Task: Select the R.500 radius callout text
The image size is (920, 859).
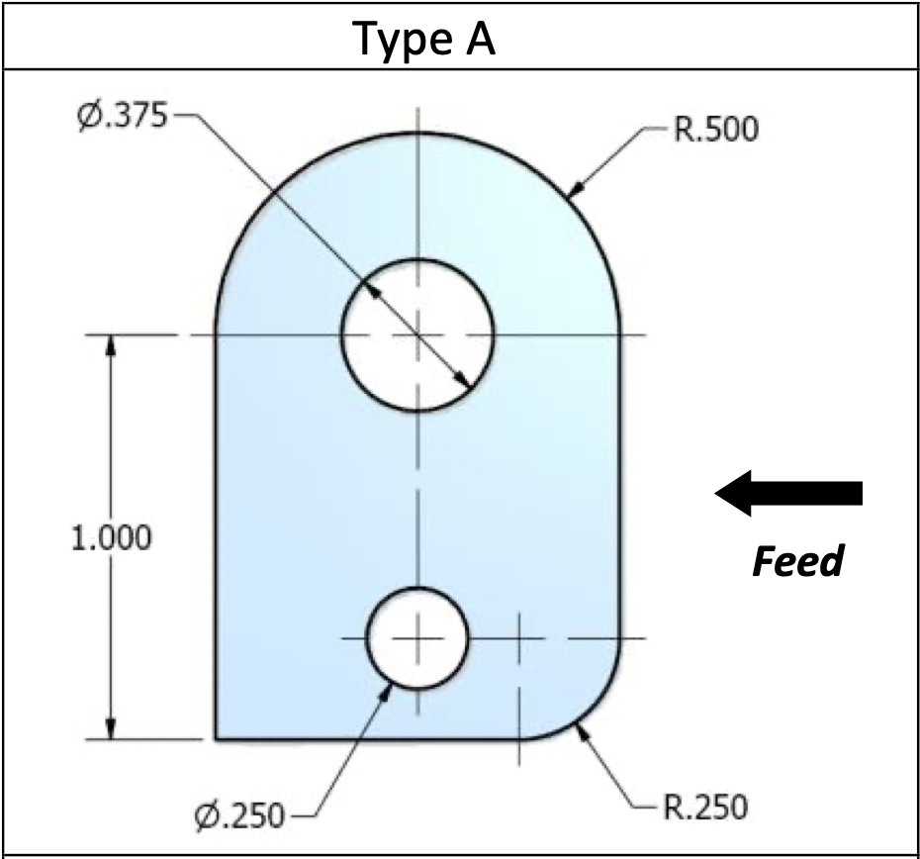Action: [717, 130]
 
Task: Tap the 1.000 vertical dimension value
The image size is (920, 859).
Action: [112, 538]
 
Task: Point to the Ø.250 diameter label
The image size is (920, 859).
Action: [239, 816]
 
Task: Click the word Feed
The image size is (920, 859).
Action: [797, 562]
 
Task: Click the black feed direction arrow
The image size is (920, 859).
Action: [788, 493]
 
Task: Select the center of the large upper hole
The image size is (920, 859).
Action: [417, 334]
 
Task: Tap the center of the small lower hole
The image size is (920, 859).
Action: [417, 638]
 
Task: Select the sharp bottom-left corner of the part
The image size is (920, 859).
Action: [217, 738]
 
